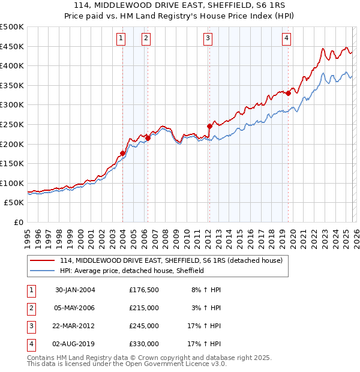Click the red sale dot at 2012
click(210, 126)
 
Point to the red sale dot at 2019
click(288, 93)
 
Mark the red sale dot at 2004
click(123, 153)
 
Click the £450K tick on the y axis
click(12, 46)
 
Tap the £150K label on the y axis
click(12, 163)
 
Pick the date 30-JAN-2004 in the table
click(75, 290)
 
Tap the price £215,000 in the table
click(144, 308)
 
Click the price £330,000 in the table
click(144, 344)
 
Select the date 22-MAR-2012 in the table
click(75, 326)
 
